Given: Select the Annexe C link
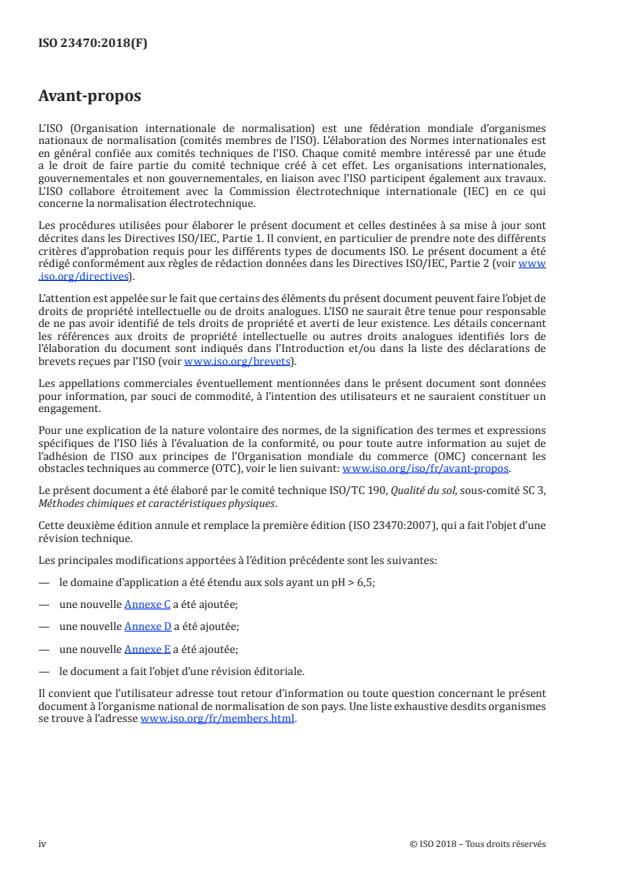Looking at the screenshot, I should pyautogui.click(x=147, y=604).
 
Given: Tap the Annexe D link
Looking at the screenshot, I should pyautogui.click(x=147, y=626).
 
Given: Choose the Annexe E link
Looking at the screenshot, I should pyautogui.click(x=147, y=648).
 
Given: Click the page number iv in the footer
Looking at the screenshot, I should pyautogui.click(x=42, y=843).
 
